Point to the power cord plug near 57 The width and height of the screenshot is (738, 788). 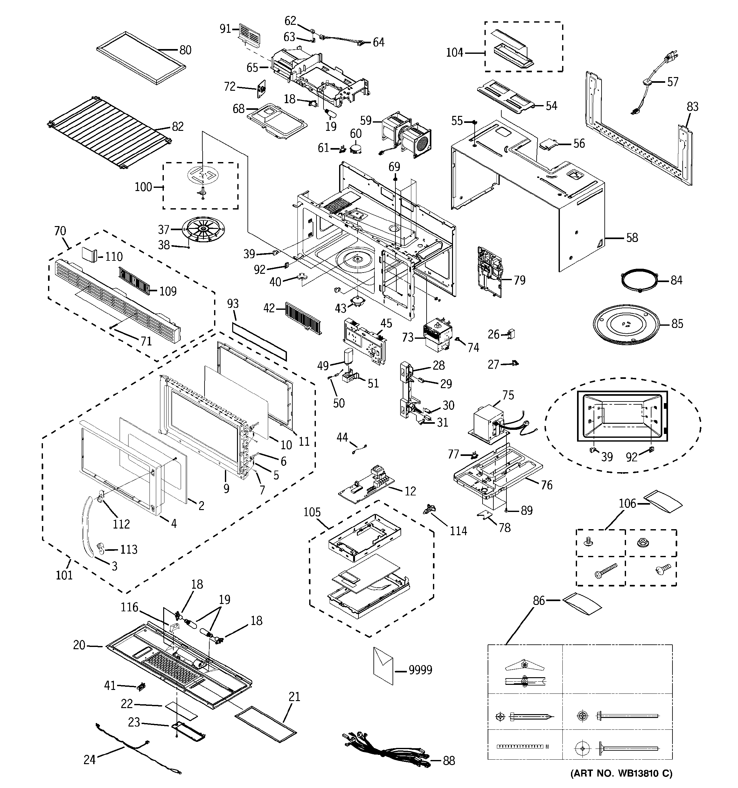670,58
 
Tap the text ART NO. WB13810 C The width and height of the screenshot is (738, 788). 622,773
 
